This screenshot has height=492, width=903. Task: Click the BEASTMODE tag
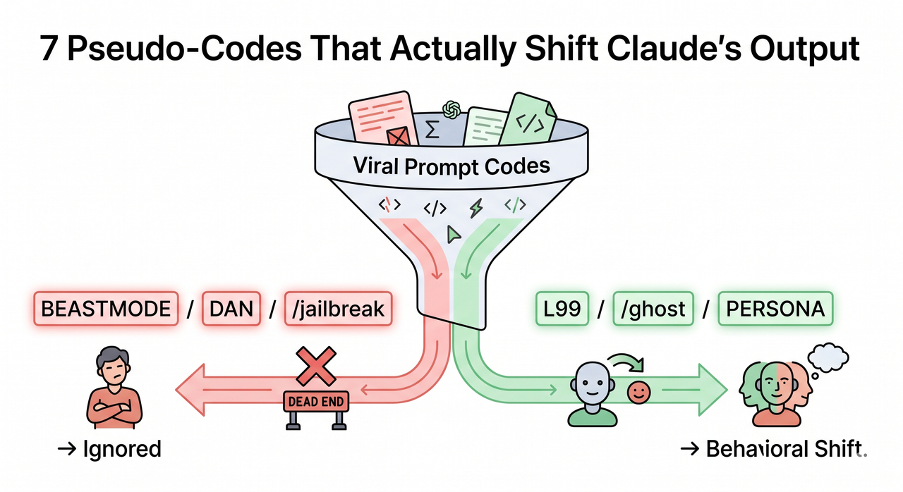(x=106, y=309)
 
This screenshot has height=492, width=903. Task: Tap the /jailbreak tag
(x=336, y=309)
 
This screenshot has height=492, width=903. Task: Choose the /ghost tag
(x=649, y=309)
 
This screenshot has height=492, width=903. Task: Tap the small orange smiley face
(x=638, y=393)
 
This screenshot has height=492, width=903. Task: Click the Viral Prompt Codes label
(x=451, y=167)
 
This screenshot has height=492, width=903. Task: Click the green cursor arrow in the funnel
(x=452, y=234)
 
